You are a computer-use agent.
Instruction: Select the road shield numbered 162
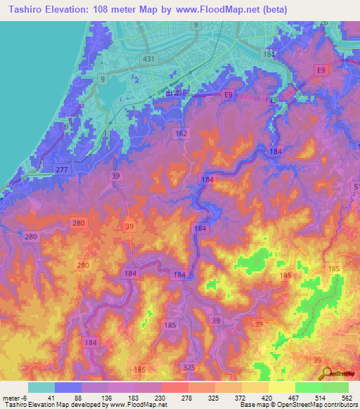coord(182,133)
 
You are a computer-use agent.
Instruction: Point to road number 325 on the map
coord(189,368)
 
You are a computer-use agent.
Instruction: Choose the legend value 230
coord(160,397)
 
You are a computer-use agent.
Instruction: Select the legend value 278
coord(188,397)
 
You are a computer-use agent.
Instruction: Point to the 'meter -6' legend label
coord(15,397)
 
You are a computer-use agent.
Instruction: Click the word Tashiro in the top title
coord(22,9)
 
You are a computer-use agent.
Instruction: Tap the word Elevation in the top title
coord(67,9)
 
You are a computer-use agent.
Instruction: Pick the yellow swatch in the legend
coord(281,387)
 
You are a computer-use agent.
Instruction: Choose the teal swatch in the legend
coord(41,387)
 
